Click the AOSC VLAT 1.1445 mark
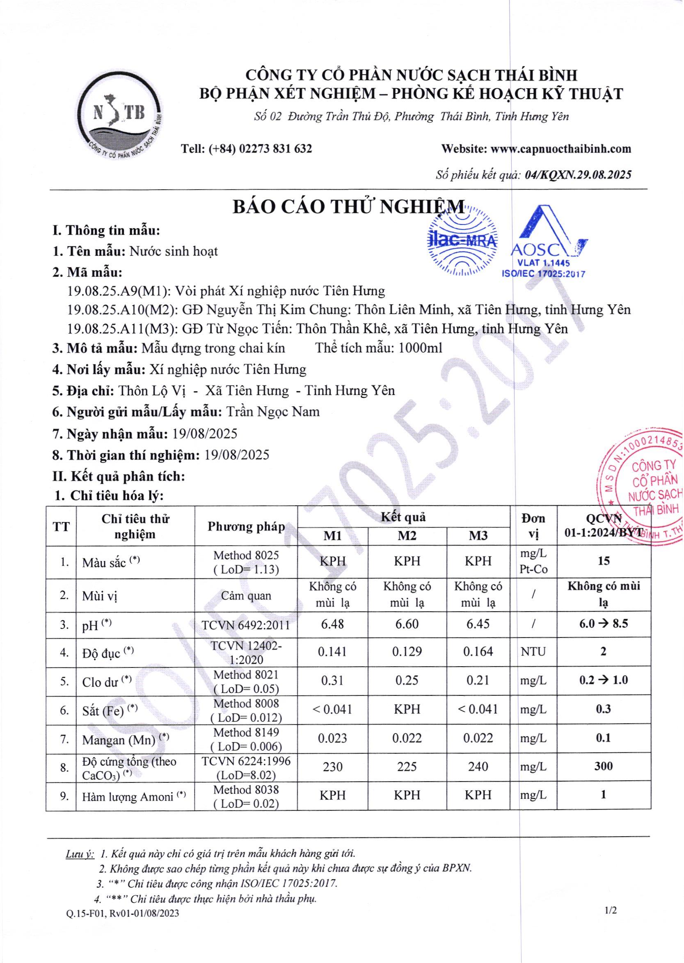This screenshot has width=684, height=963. coord(544,242)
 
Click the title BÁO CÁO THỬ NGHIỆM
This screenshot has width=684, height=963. coord(349,208)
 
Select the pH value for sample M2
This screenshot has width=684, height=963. coord(407,624)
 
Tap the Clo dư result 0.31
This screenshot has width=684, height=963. coord(332,680)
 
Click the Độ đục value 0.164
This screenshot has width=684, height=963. coord(478,652)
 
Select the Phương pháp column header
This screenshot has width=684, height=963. coord(246,527)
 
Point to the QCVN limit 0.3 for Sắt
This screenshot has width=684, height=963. coord(603,709)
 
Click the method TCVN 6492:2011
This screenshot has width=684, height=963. coord(246,625)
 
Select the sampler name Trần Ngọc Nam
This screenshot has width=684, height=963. coord(273,412)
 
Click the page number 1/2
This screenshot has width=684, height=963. coord(610,911)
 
